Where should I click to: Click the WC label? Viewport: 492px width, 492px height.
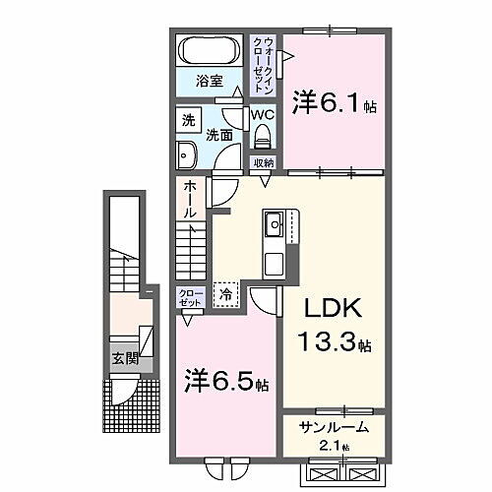261,114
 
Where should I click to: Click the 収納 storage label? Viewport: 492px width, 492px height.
263,163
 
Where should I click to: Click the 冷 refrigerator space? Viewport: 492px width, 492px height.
225,292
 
